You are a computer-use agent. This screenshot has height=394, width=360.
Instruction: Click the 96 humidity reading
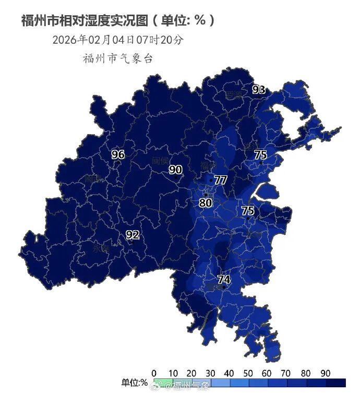point(118,154)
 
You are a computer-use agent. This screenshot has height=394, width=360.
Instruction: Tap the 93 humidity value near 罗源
point(259,90)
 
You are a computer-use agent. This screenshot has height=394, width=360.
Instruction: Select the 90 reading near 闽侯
point(175,170)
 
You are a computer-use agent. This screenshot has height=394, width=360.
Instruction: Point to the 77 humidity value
point(221,180)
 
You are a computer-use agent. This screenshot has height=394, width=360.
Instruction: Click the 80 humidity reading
point(206,202)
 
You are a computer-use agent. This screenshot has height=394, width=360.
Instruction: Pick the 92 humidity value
point(133,235)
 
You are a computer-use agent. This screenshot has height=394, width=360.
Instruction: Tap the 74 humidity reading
point(224,279)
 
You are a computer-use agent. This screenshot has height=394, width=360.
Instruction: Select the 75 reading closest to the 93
point(260,155)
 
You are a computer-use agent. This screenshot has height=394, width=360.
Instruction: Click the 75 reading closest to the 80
point(247,211)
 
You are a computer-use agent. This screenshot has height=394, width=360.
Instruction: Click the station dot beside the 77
point(210,181)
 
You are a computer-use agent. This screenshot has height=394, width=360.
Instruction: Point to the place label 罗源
point(234,95)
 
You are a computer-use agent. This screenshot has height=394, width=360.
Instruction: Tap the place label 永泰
point(101,249)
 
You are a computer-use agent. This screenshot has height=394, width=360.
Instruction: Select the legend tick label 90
point(326,373)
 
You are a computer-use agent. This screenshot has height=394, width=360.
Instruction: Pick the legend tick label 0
point(153,373)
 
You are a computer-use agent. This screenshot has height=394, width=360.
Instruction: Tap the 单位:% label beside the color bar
point(134,384)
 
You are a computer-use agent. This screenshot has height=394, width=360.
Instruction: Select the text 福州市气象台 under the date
point(117,58)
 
